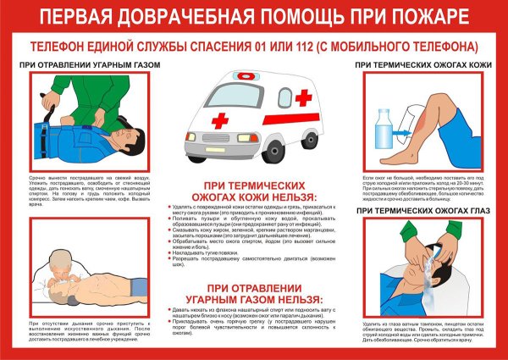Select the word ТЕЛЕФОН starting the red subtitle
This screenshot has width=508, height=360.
[61, 46]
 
